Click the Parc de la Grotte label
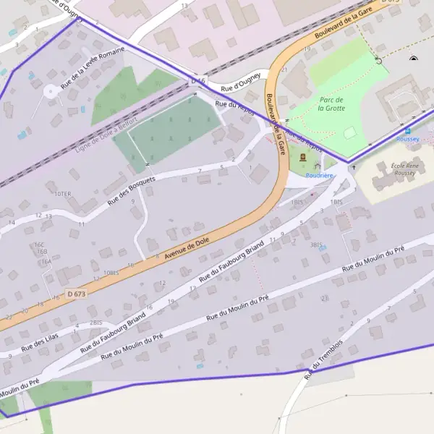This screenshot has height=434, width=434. pos(331,103)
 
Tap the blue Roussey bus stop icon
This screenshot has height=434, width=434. pos(397,131)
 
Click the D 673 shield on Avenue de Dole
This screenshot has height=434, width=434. pos(76,294)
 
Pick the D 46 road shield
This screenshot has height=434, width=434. pos(198,81)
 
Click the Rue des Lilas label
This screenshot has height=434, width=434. pos(39,340)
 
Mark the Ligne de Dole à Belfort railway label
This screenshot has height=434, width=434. pos(105,135)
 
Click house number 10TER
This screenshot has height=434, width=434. pos(63,194)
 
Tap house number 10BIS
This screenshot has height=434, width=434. pos(111,272)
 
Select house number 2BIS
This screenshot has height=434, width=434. pos(95,323)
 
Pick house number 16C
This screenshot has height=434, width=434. pos(40,244)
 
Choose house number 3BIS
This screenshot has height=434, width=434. pos(316,245)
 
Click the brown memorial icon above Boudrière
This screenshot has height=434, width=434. pos(302,157)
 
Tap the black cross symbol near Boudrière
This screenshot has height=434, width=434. pos(354,167)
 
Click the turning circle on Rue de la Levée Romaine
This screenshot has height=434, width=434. pos(50,92)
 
